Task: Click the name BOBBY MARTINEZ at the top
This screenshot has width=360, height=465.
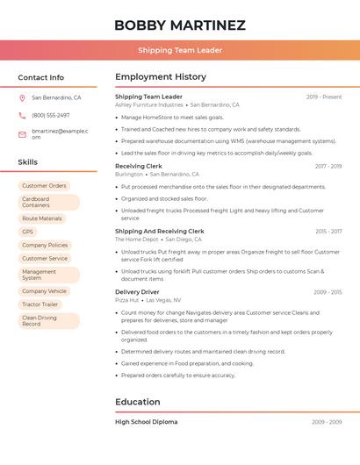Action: point(179,25)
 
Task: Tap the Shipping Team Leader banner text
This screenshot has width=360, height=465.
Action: point(179,50)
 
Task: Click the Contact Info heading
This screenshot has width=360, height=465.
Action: point(40,77)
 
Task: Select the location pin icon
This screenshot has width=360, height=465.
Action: point(22,98)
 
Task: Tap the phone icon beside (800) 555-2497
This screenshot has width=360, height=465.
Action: point(22,115)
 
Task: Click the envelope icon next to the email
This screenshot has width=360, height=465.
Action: point(22,134)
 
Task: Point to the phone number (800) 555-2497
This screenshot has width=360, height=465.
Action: point(51,115)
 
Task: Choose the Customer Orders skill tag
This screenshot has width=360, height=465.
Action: point(44,186)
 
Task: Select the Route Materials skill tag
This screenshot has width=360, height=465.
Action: point(42,218)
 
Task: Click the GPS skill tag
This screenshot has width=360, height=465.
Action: point(28,232)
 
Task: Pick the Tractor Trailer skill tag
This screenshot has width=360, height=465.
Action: point(40,304)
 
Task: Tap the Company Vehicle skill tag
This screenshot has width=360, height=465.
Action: point(44,291)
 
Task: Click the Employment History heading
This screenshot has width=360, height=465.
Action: point(161,77)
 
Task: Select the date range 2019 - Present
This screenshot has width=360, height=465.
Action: point(324,97)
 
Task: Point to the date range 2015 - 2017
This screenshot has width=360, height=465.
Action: point(328,232)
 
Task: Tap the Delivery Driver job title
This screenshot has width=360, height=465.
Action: point(137,291)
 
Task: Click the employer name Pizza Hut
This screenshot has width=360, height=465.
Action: point(127,300)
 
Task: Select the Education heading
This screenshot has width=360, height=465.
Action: point(137,402)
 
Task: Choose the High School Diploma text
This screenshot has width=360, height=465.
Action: point(146,422)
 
